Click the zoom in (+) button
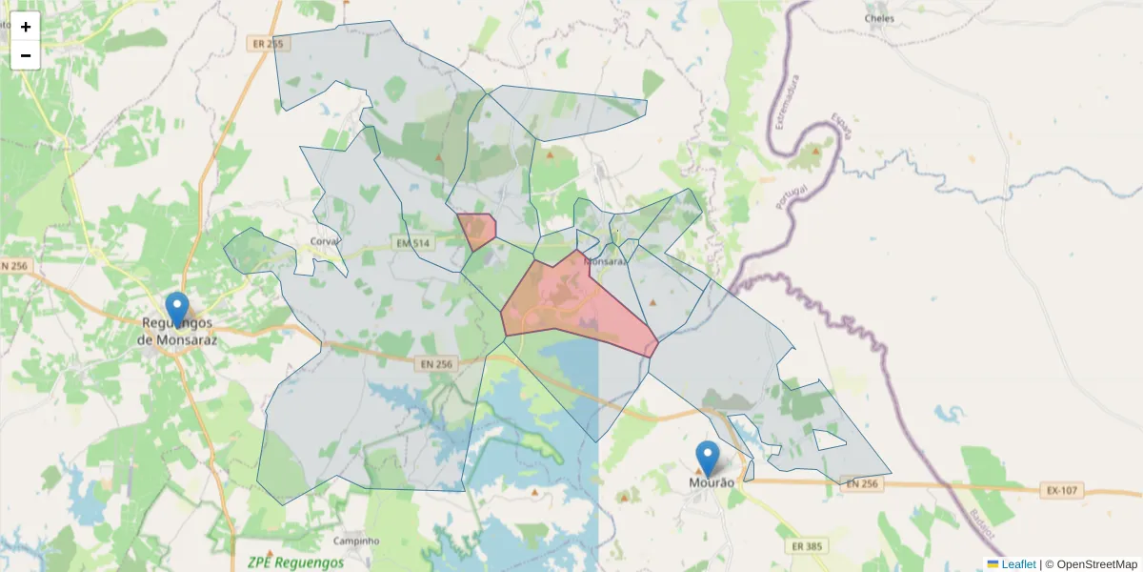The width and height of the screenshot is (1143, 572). pos(26,27)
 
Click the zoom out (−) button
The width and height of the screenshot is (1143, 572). pos(26,55)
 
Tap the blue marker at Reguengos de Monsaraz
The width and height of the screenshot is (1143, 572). pos(177,310)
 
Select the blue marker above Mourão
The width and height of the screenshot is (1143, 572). pos(707,458)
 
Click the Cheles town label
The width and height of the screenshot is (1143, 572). pos(879,18)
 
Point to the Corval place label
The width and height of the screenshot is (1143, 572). pos(325,242)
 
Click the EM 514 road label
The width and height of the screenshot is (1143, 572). pos(414,245)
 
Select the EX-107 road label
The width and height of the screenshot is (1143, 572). pos(1061,491)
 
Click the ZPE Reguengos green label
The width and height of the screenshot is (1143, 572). pos(294,562)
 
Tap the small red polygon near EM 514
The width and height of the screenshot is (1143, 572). pos(475,230)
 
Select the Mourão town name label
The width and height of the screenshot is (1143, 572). pos(712,483)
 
